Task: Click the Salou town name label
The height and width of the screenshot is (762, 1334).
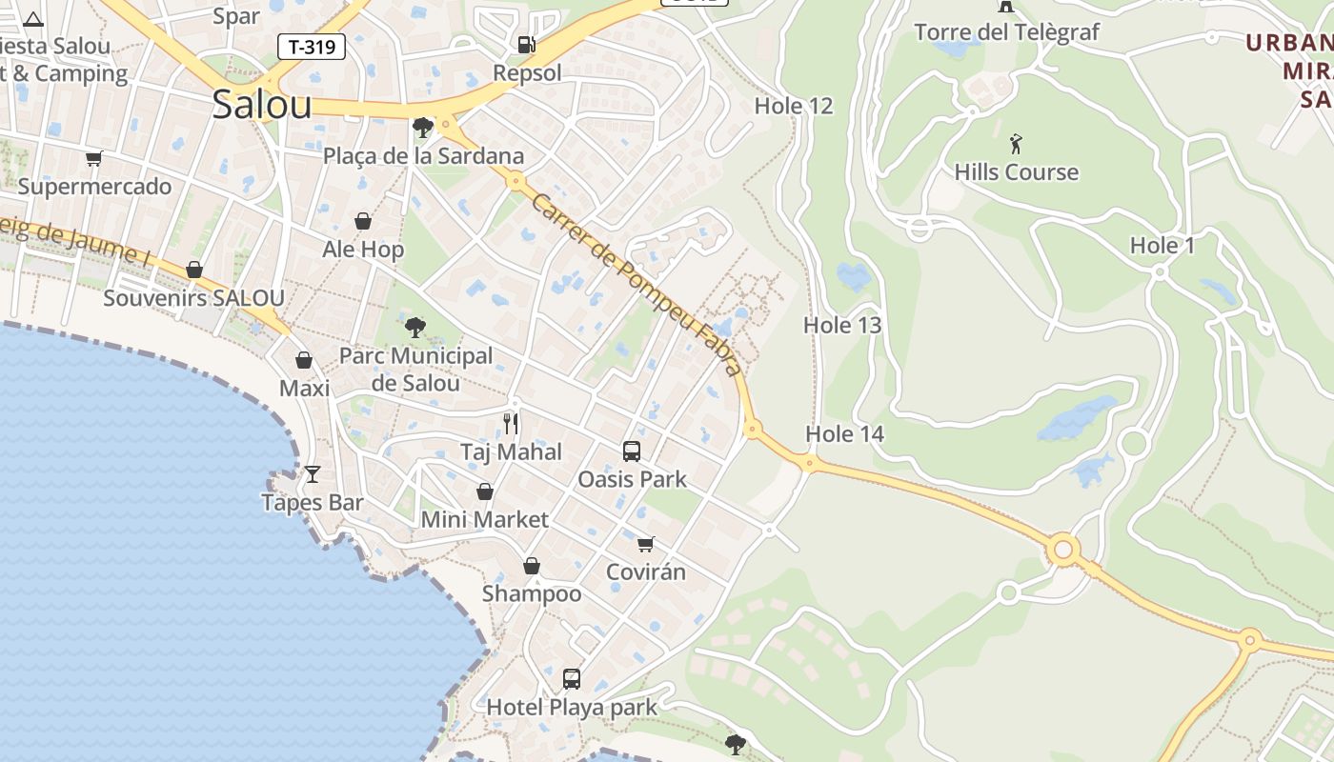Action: pyautogui.click(x=262, y=104)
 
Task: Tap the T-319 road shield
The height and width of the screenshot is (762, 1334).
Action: pyautogui.click(x=312, y=47)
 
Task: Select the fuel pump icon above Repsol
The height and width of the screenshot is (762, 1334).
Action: pyautogui.click(x=526, y=44)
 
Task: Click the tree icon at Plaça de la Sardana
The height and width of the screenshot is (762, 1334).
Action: pyautogui.click(x=422, y=127)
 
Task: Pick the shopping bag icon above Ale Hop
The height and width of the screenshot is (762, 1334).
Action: pyautogui.click(x=363, y=221)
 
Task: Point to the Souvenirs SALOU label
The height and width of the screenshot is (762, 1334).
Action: pyautogui.click(x=193, y=298)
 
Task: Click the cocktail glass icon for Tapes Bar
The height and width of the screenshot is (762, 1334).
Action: pyautogui.click(x=312, y=473)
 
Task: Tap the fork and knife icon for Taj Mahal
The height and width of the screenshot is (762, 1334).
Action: pyautogui.click(x=512, y=423)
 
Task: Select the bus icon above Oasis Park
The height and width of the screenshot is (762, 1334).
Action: pyautogui.click(x=632, y=451)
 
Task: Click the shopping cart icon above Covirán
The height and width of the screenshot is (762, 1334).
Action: pyautogui.click(x=646, y=544)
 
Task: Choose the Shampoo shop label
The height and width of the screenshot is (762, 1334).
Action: pyautogui.click(x=532, y=593)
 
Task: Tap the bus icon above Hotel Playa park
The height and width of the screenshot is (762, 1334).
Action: pyautogui.click(x=572, y=678)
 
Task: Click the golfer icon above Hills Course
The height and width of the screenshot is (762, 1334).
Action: pyautogui.click(x=1017, y=145)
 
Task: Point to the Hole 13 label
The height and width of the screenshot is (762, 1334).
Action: pyautogui.click(x=842, y=325)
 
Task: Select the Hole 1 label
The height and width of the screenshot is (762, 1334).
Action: pyautogui.click(x=1162, y=246)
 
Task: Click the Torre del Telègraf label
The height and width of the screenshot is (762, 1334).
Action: pyautogui.click(x=1006, y=32)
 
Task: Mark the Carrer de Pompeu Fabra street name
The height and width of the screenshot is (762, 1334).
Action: pyautogui.click(x=637, y=285)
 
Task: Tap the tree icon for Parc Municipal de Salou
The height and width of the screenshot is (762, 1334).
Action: pyautogui.click(x=415, y=328)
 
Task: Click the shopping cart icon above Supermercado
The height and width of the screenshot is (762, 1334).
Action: pyautogui.click(x=93, y=158)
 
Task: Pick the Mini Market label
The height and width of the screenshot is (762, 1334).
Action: pyautogui.click(x=485, y=519)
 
